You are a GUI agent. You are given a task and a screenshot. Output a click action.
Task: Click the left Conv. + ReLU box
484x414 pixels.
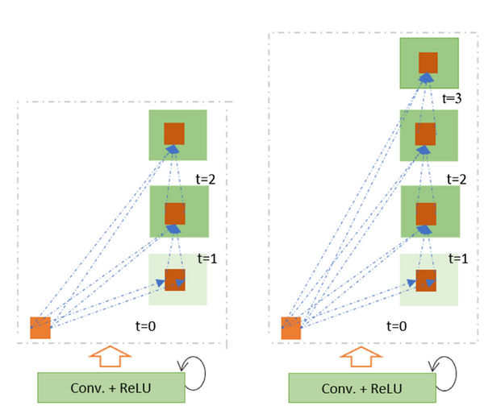click(110, 387)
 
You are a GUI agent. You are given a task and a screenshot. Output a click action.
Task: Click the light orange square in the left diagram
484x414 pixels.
click(40, 328)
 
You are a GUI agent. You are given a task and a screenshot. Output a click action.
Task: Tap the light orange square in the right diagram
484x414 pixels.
click(290, 328)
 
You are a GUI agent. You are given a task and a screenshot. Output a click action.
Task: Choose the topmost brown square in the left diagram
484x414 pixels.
click(174, 134)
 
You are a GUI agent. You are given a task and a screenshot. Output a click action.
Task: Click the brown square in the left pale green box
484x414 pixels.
click(175, 279)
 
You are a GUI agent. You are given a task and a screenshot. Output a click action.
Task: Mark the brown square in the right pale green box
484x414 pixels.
click(427, 279)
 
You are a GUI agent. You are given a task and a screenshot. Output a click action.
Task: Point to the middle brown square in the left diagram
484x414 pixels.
click(175, 213)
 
